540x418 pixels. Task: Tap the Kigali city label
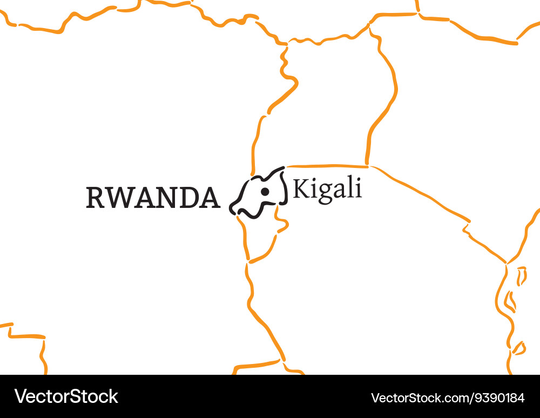(327, 190)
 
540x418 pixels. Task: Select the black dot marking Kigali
(265, 192)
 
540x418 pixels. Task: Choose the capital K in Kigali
(300, 189)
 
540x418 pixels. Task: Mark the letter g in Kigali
(323, 192)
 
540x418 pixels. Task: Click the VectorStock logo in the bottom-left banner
(66, 396)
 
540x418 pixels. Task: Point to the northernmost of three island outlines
(521, 275)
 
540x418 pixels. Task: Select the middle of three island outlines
(509, 301)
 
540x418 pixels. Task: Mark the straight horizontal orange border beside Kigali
(327, 166)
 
